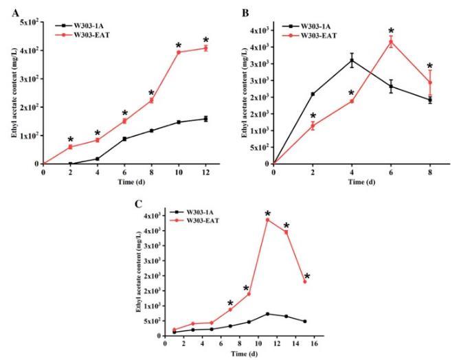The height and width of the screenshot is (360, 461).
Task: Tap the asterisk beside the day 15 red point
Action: [307, 277]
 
